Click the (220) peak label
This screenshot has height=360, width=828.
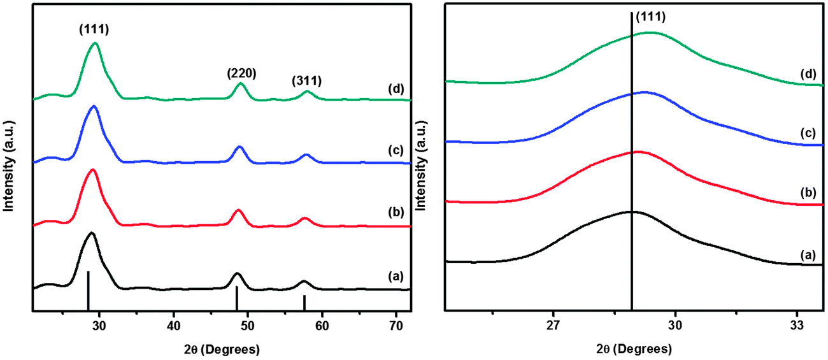click(241, 73)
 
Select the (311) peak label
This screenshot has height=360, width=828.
click(306, 81)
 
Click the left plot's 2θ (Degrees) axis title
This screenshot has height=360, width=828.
click(220, 350)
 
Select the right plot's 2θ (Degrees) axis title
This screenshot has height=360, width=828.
click(634, 350)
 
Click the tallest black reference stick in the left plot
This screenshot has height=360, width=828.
click(88, 291)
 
